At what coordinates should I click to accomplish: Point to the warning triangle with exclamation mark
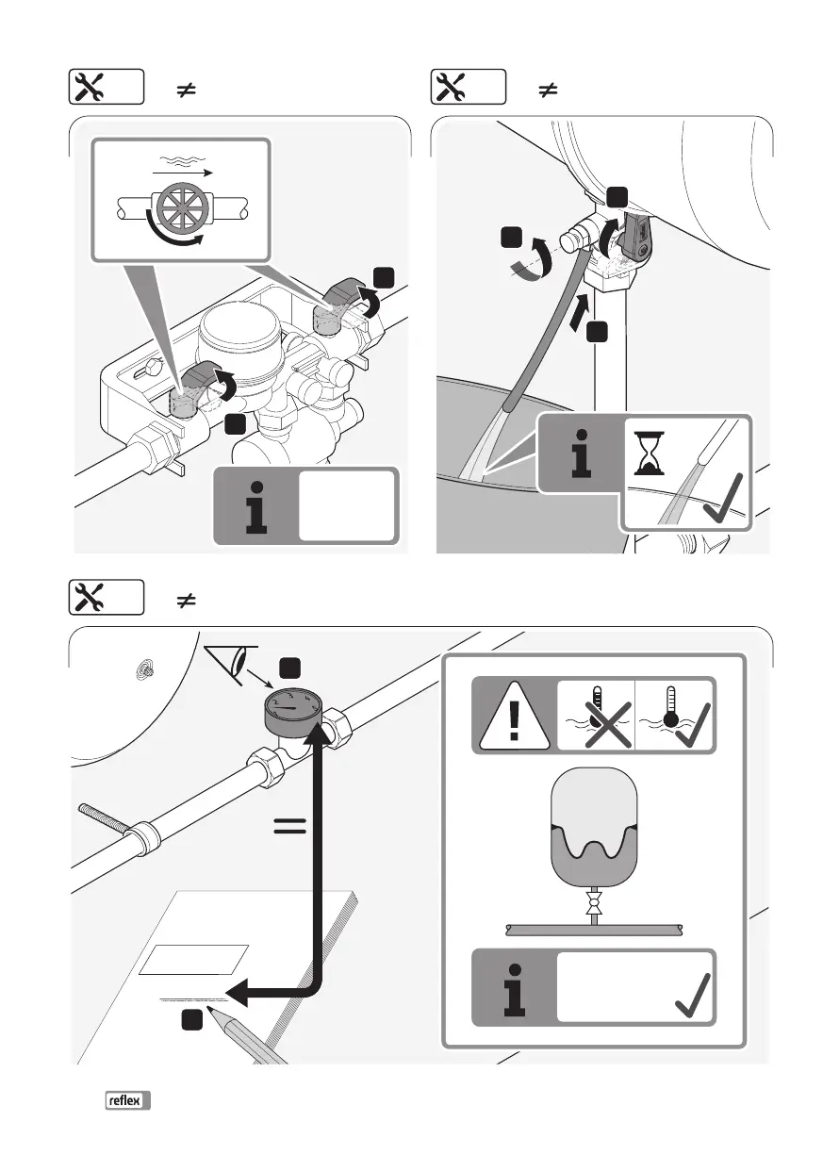[x=513, y=714]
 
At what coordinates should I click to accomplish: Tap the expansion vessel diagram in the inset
[x=593, y=830]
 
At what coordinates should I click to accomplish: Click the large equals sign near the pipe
[x=290, y=827]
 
